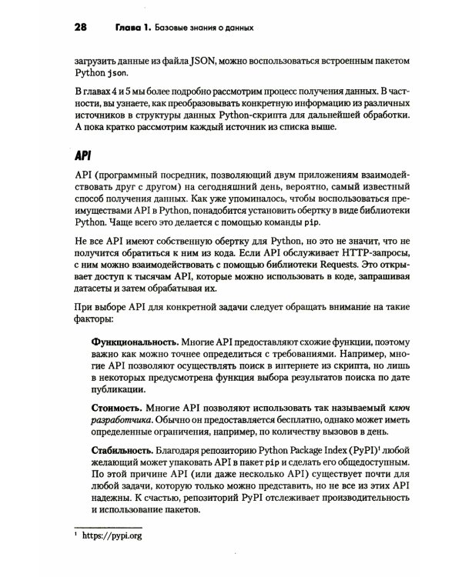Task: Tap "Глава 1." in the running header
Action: pos(129,29)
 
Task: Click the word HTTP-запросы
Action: pos(369,253)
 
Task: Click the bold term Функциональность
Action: pos(135,340)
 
